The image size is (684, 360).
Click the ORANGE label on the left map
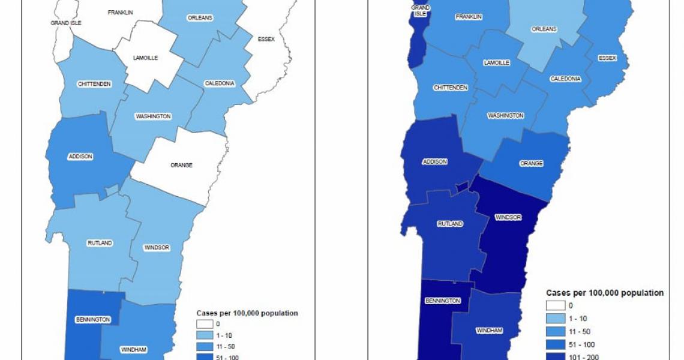click(x=181, y=165)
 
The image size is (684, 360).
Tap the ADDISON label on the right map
click(x=435, y=161)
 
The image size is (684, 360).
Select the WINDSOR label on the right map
click(x=508, y=217)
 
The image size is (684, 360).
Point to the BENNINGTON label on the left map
click(x=93, y=319)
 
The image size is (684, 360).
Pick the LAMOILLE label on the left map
click(x=145, y=58)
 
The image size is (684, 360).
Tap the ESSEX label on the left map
click(x=266, y=39)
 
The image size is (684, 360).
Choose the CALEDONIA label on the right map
click(x=565, y=79)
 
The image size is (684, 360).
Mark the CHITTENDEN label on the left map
click(x=94, y=84)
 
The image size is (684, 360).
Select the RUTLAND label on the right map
click(x=450, y=224)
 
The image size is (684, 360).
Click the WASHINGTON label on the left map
click(x=153, y=116)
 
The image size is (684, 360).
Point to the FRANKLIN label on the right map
click(x=469, y=17)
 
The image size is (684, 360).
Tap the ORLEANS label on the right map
click(x=544, y=29)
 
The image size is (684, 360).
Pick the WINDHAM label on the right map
click(x=489, y=331)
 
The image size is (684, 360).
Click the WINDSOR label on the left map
click(x=157, y=247)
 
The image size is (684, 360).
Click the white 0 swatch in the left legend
click(x=205, y=324)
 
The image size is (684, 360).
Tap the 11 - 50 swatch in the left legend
click(x=205, y=347)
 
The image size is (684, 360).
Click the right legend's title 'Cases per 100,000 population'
click(x=605, y=293)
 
